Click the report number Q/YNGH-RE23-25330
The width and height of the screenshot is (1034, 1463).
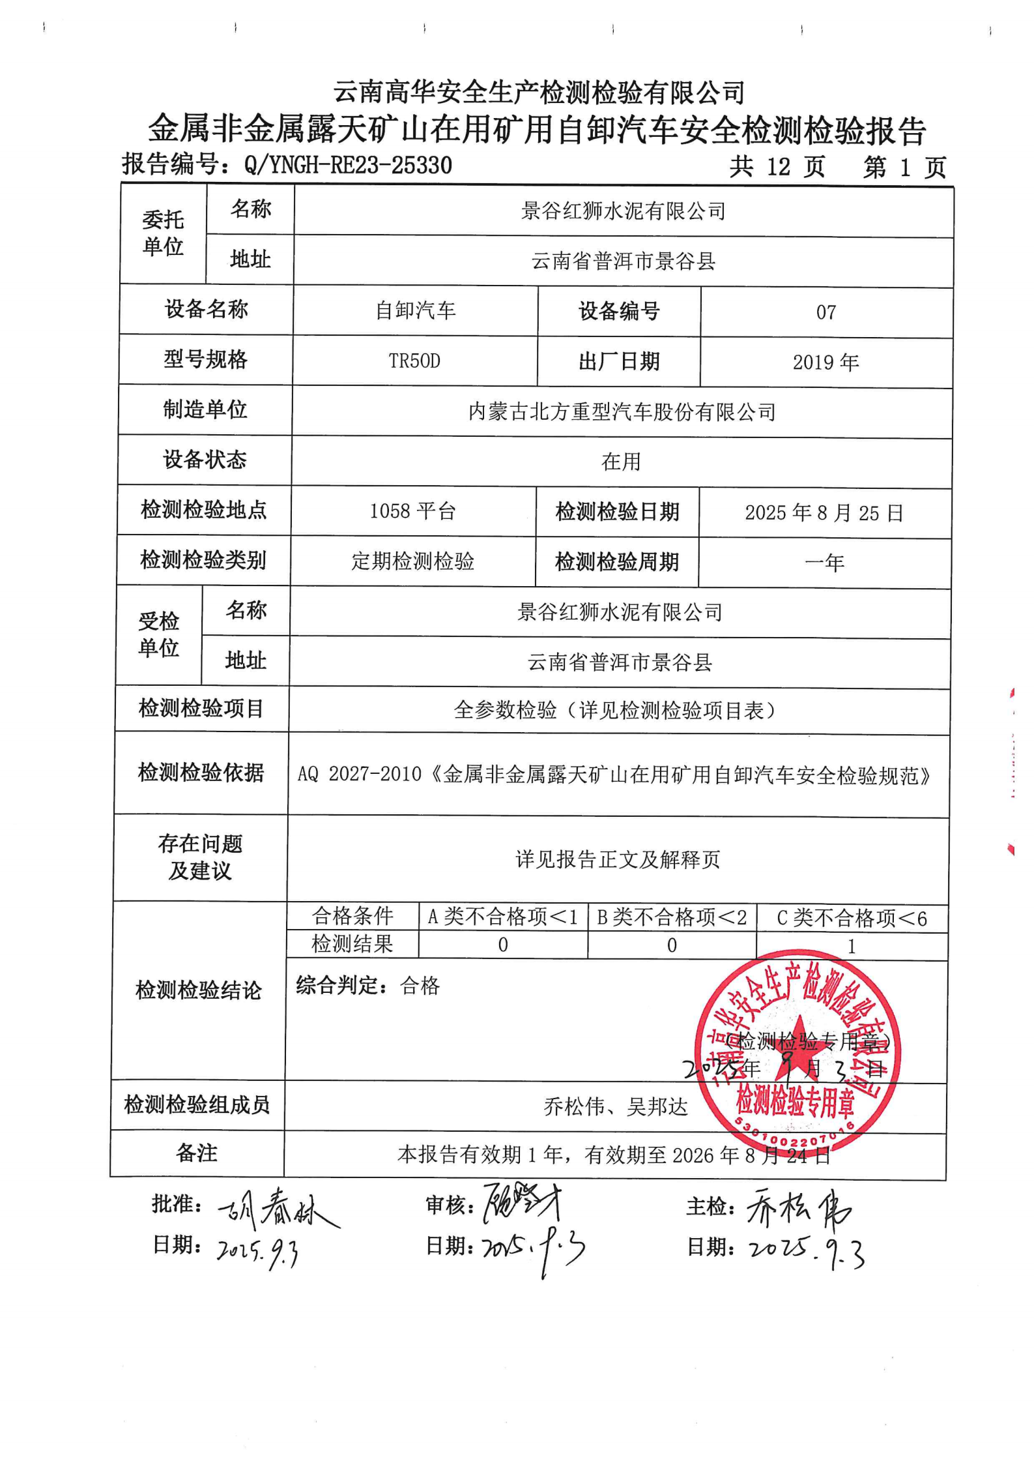click(x=347, y=165)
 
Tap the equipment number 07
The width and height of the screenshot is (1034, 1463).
click(x=826, y=312)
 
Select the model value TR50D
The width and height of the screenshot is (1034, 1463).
click(x=414, y=361)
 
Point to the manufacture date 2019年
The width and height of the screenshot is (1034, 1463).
click(x=826, y=362)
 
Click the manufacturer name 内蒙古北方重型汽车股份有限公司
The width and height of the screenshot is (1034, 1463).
click(x=622, y=412)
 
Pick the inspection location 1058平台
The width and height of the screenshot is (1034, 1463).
click(x=412, y=511)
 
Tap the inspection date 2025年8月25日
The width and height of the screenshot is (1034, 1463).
click(x=824, y=513)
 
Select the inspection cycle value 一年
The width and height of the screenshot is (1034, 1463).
click(x=824, y=562)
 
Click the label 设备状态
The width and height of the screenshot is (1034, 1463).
click(x=205, y=460)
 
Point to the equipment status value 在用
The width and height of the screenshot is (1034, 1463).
click(x=621, y=462)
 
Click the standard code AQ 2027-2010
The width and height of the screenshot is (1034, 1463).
click(x=360, y=774)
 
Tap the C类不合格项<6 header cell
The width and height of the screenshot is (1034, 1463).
click(x=852, y=918)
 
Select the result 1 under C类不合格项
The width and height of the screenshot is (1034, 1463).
click(x=851, y=946)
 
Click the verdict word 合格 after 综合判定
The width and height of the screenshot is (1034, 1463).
click(x=420, y=985)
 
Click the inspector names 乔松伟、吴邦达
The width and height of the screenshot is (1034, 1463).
click(x=616, y=1106)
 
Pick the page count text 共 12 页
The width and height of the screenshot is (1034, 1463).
click(x=777, y=167)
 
